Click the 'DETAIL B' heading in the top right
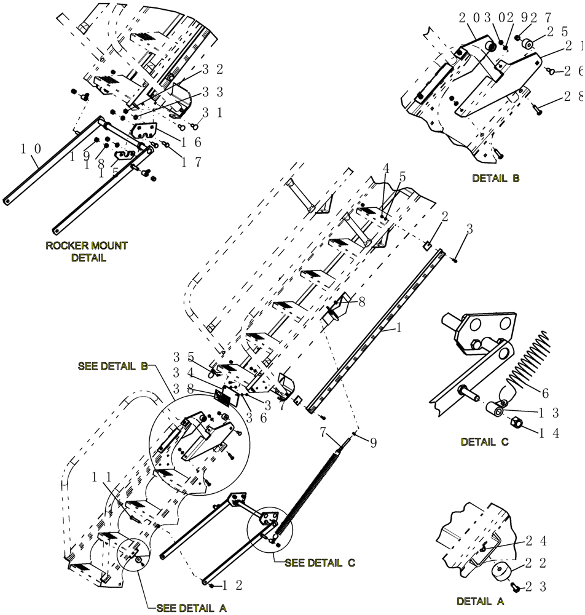495,178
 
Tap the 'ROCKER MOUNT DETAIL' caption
87,252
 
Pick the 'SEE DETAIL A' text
191,608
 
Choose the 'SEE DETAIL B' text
113,366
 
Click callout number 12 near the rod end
229,584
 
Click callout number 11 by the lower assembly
103,477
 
